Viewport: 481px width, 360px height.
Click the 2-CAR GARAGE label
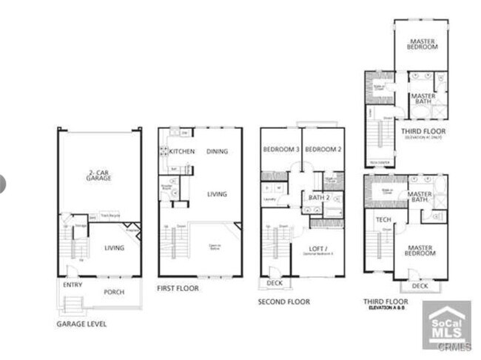click(x=98, y=176)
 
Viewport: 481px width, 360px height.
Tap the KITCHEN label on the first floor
click(x=181, y=152)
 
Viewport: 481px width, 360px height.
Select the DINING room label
click(x=217, y=151)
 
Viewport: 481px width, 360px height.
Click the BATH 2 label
click(x=318, y=197)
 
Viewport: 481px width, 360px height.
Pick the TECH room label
click(x=383, y=219)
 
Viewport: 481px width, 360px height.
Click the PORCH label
click(x=113, y=291)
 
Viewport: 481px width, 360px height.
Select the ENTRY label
click(x=73, y=284)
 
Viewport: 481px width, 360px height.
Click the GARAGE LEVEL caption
click(x=81, y=324)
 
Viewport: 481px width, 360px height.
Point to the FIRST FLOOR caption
click(x=178, y=288)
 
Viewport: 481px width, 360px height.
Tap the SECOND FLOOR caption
click(x=283, y=301)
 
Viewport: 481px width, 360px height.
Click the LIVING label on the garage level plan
click(x=113, y=248)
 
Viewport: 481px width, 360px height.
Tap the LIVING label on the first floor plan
click(x=217, y=194)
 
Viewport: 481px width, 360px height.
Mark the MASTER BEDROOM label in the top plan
click(x=422, y=43)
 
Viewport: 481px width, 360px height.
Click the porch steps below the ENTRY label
click(x=73, y=304)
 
